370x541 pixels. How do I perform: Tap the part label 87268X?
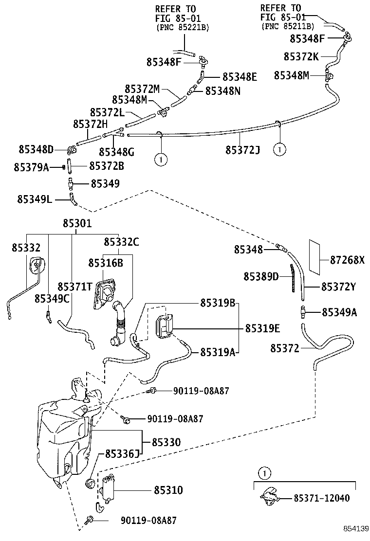[347, 260]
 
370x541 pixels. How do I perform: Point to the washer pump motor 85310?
[108, 488]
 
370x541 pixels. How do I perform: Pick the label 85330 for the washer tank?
[166, 442]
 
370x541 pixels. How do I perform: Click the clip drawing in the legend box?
[270, 496]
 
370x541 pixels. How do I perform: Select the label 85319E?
[262, 328]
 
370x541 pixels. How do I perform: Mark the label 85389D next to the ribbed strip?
[261, 276]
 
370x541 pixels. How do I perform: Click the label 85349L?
[35, 199]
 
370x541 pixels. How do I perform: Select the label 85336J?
[121, 454]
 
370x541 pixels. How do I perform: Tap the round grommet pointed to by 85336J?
[90, 485]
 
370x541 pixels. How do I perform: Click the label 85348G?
[116, 152]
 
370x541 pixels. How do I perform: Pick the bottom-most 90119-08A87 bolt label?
[148, 521]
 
